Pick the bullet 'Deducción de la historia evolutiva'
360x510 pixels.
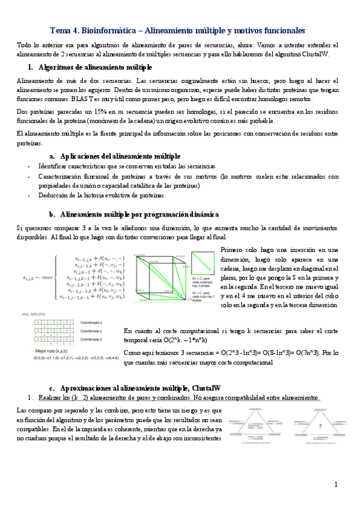[x=102, y=195]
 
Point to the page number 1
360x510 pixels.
[x=336, y=485]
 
